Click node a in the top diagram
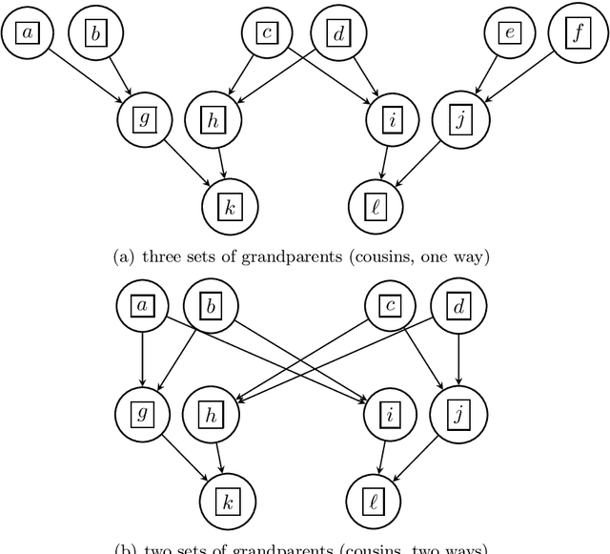pyautogui.click(x=27, y=33)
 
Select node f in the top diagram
pyautogui.click(x=578, y=33)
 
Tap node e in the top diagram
pyautogui.click(x=510, y=33)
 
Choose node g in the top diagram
pyautogui.click(x=144, y=119)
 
